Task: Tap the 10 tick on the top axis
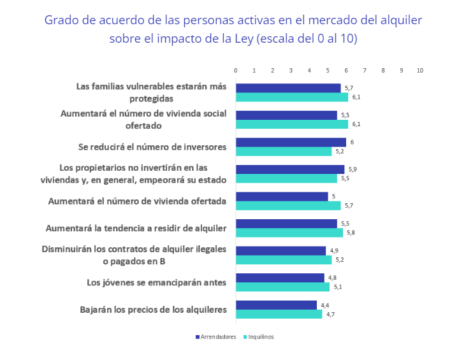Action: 419,70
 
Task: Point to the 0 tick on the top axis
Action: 236,70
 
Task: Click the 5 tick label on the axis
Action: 328,70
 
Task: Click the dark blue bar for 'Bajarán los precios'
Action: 276,305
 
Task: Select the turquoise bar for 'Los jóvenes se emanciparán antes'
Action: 282,287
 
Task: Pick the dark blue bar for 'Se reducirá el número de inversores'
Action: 291,142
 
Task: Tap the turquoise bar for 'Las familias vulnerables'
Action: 292,97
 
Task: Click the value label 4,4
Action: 324,305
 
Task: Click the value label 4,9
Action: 333,251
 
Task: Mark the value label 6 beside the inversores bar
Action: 352,142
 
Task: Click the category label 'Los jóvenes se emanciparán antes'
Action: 156,282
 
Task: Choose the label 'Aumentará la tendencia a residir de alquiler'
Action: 136,227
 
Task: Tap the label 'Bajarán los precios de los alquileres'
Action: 153,310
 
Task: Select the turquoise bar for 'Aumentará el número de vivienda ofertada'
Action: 288,206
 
